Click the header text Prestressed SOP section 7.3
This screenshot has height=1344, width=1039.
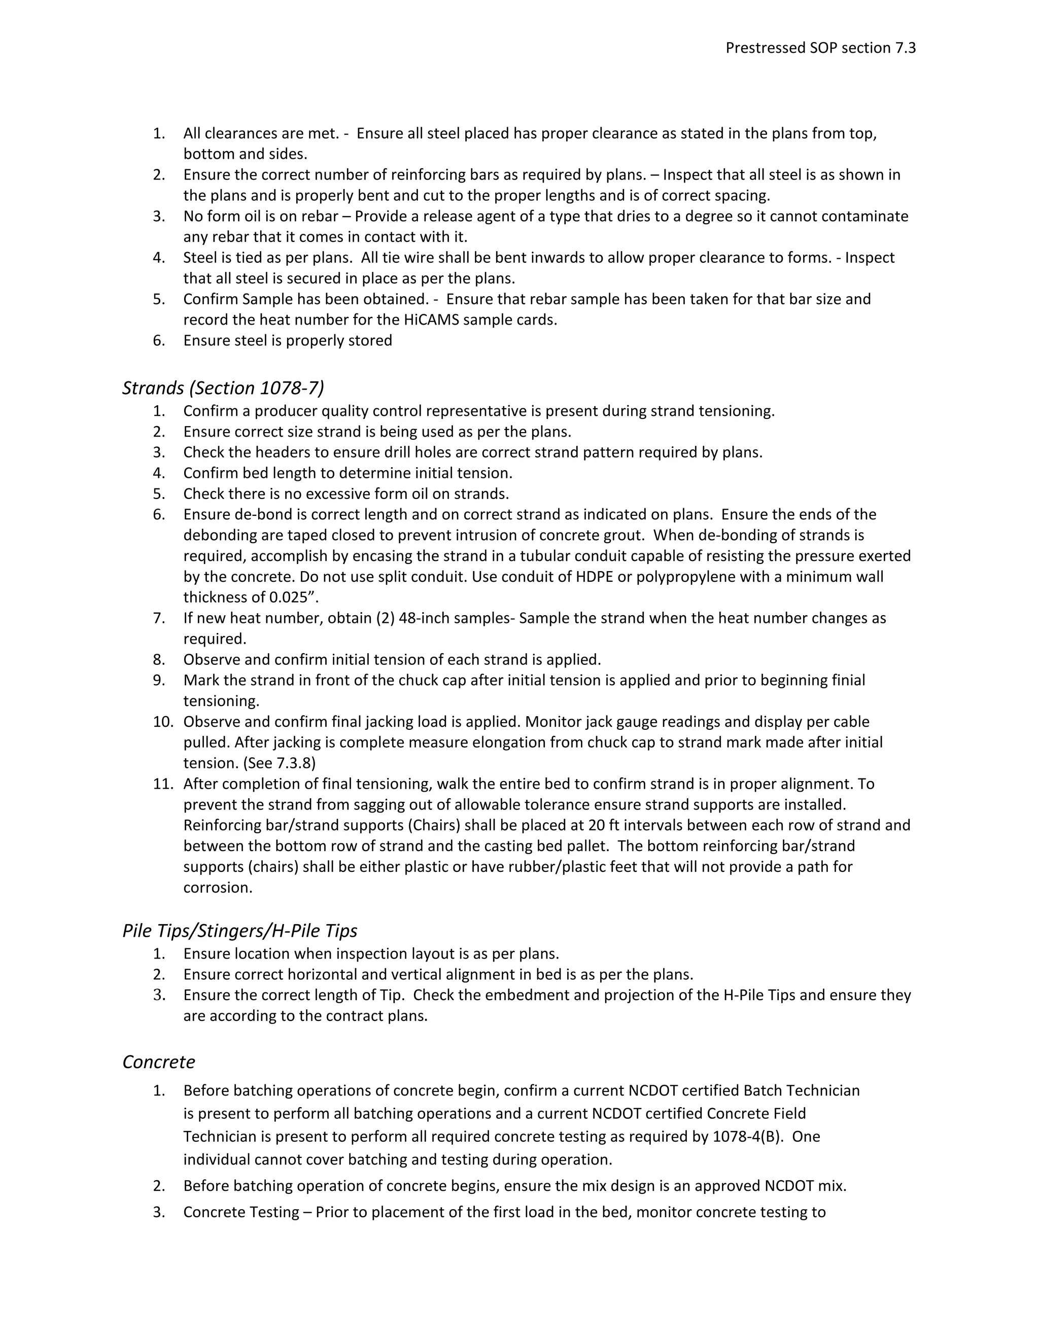(820, 48)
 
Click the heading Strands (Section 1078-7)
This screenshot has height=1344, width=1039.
(223, 388)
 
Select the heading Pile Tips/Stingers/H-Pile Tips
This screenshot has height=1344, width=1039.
(239, 931)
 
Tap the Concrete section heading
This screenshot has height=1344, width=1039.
(159, 1062)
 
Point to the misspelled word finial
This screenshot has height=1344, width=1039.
(847, 680)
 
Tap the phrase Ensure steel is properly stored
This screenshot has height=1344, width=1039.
(288, 341)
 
